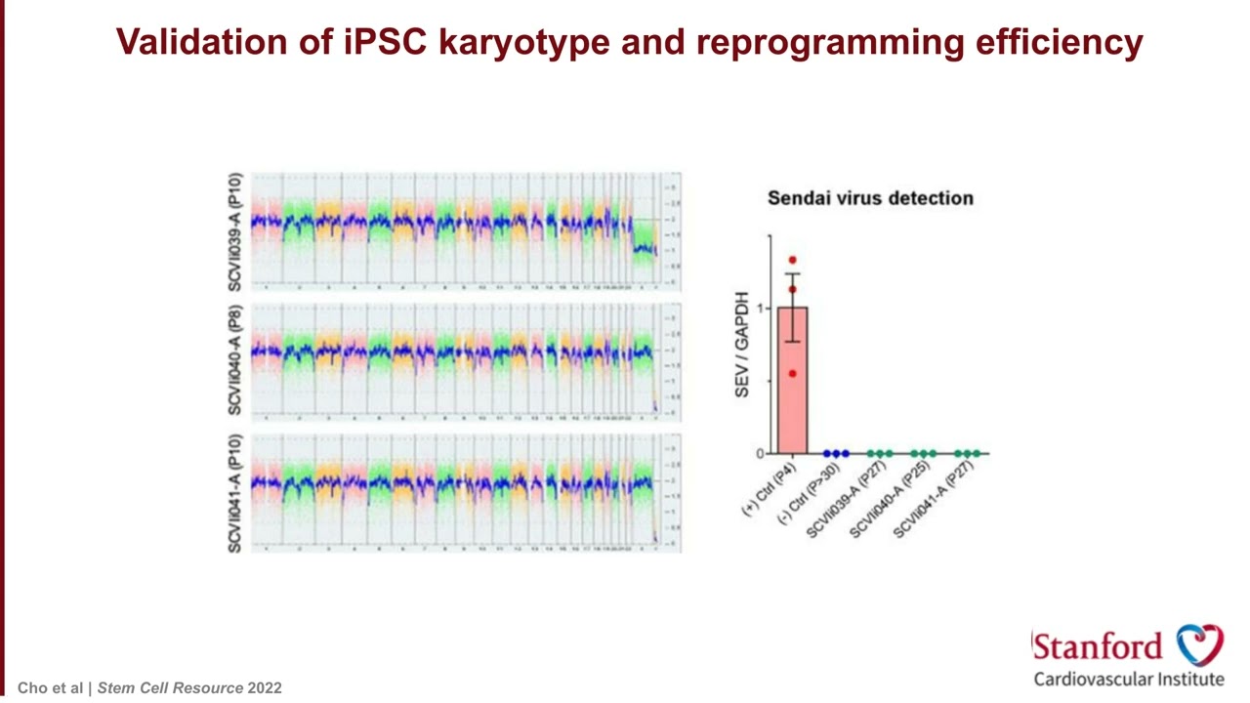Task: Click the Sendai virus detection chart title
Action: point(870,198)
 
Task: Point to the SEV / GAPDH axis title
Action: point(743,344)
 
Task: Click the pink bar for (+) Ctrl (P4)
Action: point(792,391)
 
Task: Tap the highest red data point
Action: point(793,261)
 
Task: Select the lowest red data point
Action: point(793,373)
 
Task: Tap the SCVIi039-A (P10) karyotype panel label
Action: point(235,232)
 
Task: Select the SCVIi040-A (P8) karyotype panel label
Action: point(235,361)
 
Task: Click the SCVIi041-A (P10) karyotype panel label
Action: point(235,493)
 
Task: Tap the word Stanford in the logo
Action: point(1098,646)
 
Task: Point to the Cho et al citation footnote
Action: point(149,687)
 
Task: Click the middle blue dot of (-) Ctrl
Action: point(836,454)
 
